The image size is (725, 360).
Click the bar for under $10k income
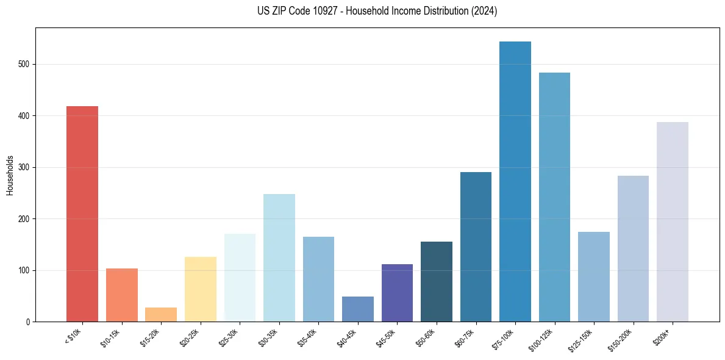point(82,214)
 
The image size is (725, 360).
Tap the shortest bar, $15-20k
point(161,314)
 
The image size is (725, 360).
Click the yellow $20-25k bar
point(200,289)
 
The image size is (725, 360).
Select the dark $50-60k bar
point(437,281)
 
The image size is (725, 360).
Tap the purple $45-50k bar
point(397,293)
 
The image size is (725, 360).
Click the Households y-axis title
point(10,175)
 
